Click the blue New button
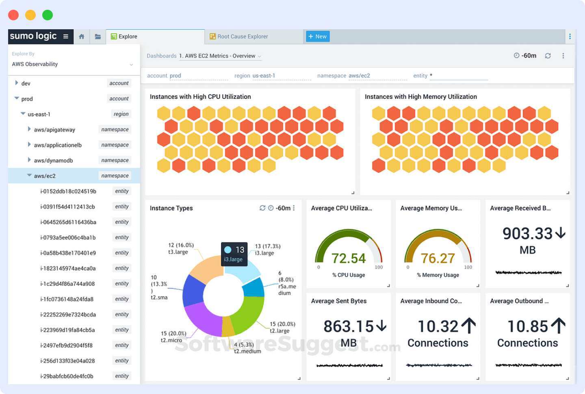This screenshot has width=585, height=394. [317, 37]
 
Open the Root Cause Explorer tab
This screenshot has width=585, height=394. [242, 37]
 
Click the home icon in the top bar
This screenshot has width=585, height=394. [81, 37]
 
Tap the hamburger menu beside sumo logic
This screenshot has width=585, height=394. [65, 37]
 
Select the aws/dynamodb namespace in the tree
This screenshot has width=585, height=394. [53, 160]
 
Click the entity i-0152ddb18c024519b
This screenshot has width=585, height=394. [68, 191]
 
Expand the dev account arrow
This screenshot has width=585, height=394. [17, 83]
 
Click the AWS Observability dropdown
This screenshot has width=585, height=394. [72, 64]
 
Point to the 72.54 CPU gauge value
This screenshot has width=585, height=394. [348, 258]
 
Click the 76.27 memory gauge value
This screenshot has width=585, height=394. [438, 258]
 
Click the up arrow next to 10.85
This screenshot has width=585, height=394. [559, 326]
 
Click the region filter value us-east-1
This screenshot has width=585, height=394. [264, 76]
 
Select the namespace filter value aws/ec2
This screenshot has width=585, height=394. [359, 76]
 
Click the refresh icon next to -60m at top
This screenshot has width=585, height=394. [548, 56]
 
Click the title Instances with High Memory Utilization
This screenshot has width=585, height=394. [420, 97]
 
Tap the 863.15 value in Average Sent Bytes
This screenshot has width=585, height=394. [348, 326]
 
